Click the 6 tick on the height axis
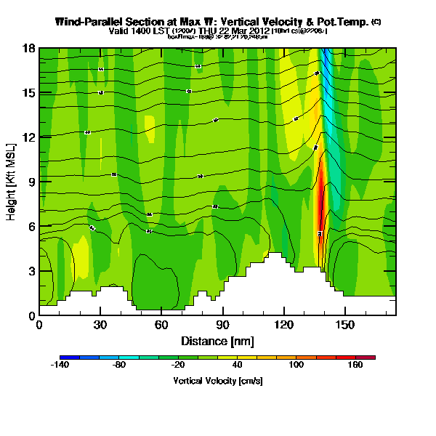coord(31,227)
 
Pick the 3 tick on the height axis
coord(31,271)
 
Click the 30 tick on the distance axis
coord(100,324)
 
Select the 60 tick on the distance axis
coord(161,324)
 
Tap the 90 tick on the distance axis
coord(222,324)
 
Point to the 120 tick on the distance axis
coord(283,324)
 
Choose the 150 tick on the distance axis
coord(344,324)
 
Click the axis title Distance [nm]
coord(217,341)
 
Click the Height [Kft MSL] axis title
coord(12,182)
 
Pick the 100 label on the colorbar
coord(296,365)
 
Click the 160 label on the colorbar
coord(355,365)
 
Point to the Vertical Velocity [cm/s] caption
coord(217,381)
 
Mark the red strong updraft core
coord(320,200)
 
